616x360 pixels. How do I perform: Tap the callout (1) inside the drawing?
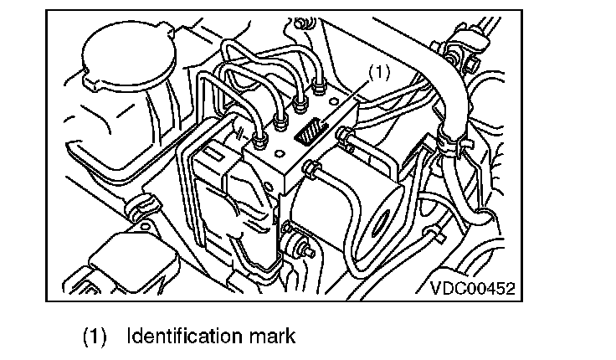coord(379,74)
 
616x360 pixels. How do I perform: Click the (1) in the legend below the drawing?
coord(95,337)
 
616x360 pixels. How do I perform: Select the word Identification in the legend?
coord(179,337)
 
